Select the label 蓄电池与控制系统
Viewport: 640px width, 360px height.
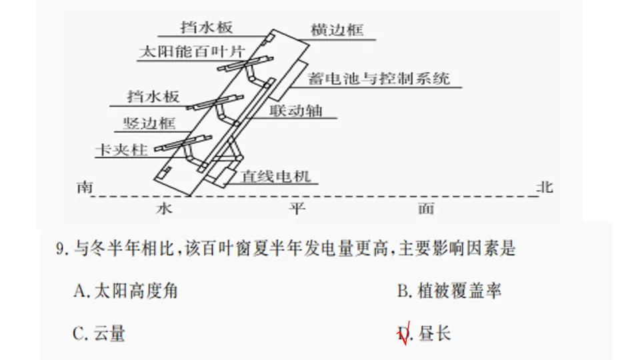pyautogui.click(x=379, y=79)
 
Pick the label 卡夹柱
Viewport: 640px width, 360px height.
pyautogui.click(x=121, y=150)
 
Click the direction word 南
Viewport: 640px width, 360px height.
pyautogui.click(x=84, y=187)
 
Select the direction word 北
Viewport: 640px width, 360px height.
pyautogui.click(x=545, y=187)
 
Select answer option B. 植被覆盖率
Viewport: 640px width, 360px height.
pyautogui.click(x=449, y=291)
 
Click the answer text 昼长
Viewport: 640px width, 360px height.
pyautogui.click(x=435, y=333)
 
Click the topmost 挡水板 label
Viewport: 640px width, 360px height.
pyautogui.click(x=207, y=28)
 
